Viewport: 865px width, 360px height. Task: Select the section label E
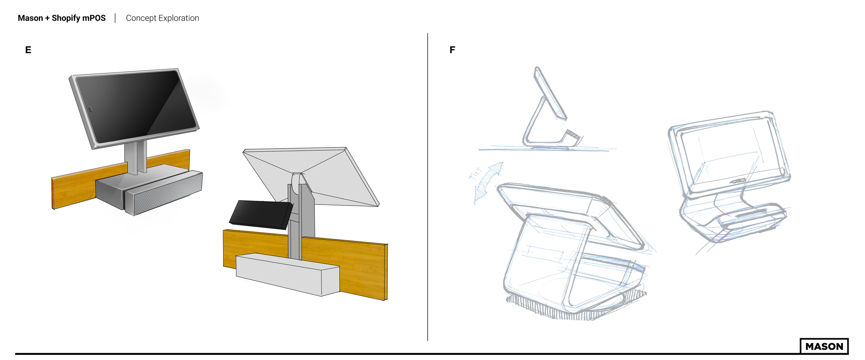coord(28,50)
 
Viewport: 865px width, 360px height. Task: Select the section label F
coord(452,50)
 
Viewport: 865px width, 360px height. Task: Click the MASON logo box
coord(824,346)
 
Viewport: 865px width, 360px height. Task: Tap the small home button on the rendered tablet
coord(90,109)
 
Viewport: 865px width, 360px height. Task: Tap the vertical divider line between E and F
coord(428,187)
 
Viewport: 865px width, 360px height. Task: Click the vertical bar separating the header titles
coord(115,18)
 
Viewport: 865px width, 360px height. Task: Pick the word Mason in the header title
coord(30,18)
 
